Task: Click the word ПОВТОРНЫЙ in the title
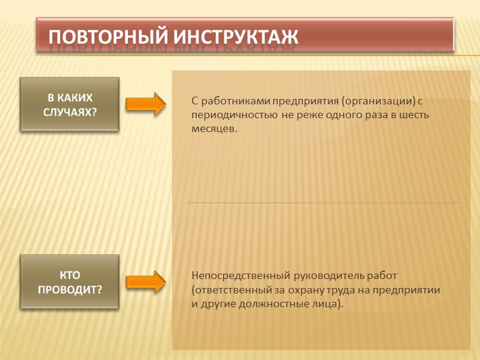pos(108,37)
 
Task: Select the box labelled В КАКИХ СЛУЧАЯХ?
pos(70,104)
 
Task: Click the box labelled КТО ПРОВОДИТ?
pos(70,282)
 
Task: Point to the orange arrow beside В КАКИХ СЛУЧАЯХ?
pos(146,103)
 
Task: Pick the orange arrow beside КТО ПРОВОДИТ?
pos(146,281)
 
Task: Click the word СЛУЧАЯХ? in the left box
pos(70,111)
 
